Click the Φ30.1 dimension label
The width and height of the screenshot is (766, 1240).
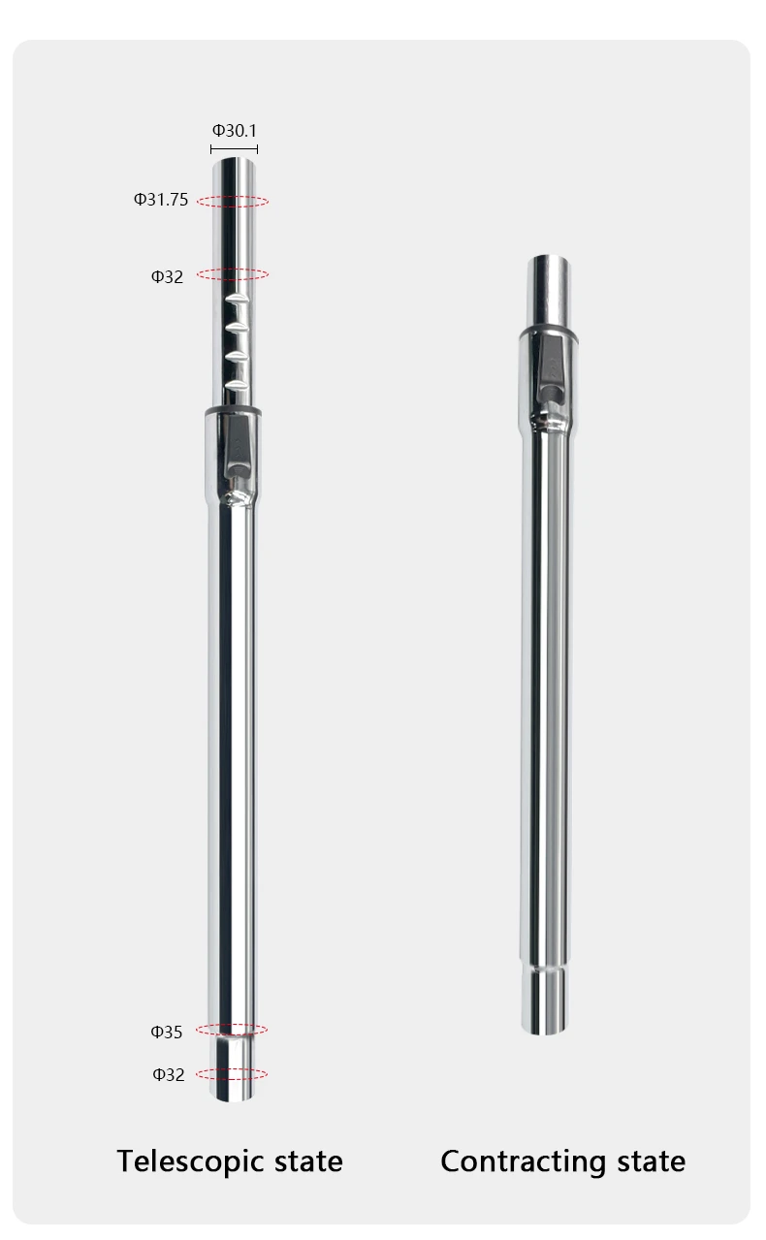235,131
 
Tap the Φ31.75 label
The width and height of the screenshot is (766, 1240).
161,200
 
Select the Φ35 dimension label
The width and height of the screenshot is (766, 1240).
167,1032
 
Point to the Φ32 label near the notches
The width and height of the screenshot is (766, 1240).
167,276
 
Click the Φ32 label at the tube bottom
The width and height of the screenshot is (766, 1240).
169,1074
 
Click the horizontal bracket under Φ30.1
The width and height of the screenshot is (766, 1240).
234,149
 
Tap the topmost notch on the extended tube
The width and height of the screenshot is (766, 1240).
236,300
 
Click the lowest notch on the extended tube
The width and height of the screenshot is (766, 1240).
237,386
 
